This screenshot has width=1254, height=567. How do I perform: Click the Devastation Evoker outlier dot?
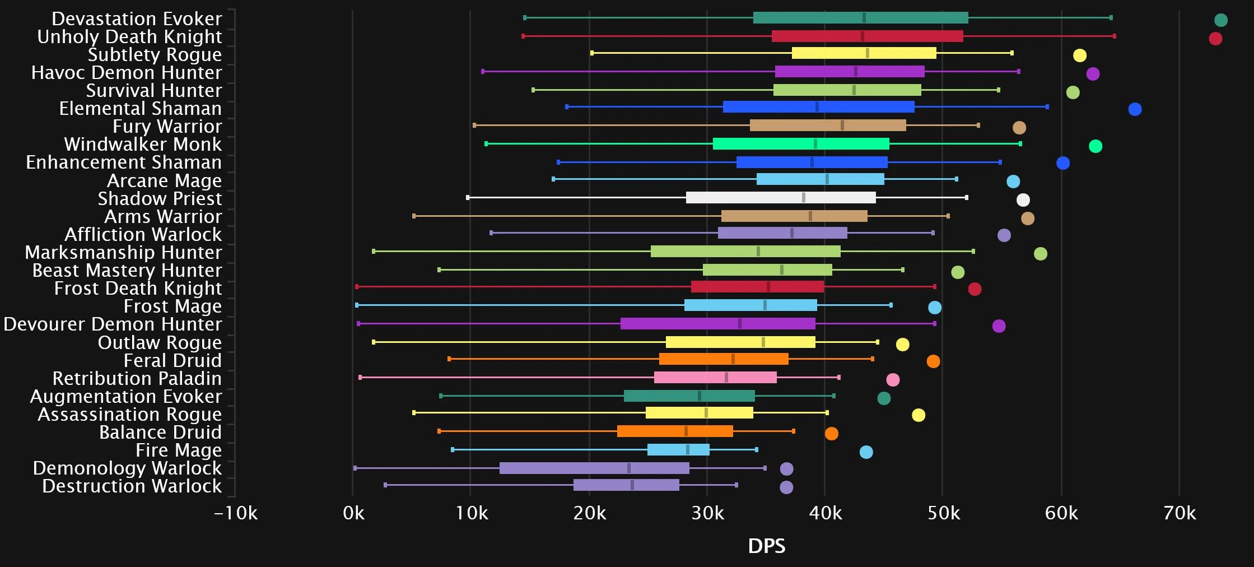1221,20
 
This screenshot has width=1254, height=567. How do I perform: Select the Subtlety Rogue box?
864,53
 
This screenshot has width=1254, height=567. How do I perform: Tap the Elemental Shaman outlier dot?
1135,109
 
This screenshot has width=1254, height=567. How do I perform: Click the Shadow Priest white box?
780,197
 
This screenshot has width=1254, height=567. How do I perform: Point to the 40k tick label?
825,513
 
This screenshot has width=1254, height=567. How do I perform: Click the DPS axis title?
767,546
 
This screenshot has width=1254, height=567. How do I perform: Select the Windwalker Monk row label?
143,145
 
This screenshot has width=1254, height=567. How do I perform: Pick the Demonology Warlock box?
594,468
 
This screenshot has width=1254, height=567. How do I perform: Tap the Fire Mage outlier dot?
866,452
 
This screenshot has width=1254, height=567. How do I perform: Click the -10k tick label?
236,513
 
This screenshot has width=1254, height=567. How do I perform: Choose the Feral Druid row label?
173,360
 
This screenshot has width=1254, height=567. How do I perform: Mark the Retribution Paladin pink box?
715,378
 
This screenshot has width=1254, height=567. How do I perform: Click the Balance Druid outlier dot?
831,434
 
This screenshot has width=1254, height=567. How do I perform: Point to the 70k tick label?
1180,513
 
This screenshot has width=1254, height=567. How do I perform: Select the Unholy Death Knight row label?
129,37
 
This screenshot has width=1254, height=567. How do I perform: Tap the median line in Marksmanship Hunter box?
758,252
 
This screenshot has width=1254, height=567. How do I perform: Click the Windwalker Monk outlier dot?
1095,146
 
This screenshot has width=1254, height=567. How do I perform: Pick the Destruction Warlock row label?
132,486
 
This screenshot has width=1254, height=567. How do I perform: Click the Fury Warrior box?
828,126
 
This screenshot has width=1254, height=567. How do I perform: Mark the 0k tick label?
353,513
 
